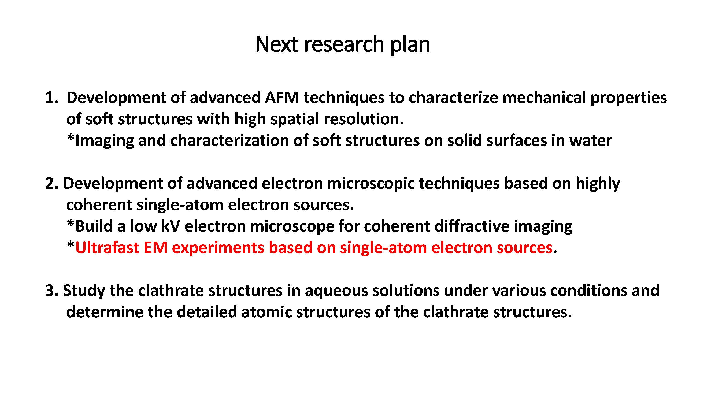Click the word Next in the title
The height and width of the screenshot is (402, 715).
[x=277, y=44]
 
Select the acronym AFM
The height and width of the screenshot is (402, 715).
[x=282, y=98]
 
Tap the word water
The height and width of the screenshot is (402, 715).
[x=591, y=141]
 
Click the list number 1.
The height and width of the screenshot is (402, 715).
[x=52, y=98]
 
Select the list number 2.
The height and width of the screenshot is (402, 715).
[x=52, y=183]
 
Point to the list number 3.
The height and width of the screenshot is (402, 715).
[x=52, y=291]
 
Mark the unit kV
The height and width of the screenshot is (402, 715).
[x=171, y=226]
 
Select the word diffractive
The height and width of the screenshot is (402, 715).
[x=472, y=226]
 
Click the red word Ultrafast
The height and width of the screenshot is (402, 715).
[x=107, y=247]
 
